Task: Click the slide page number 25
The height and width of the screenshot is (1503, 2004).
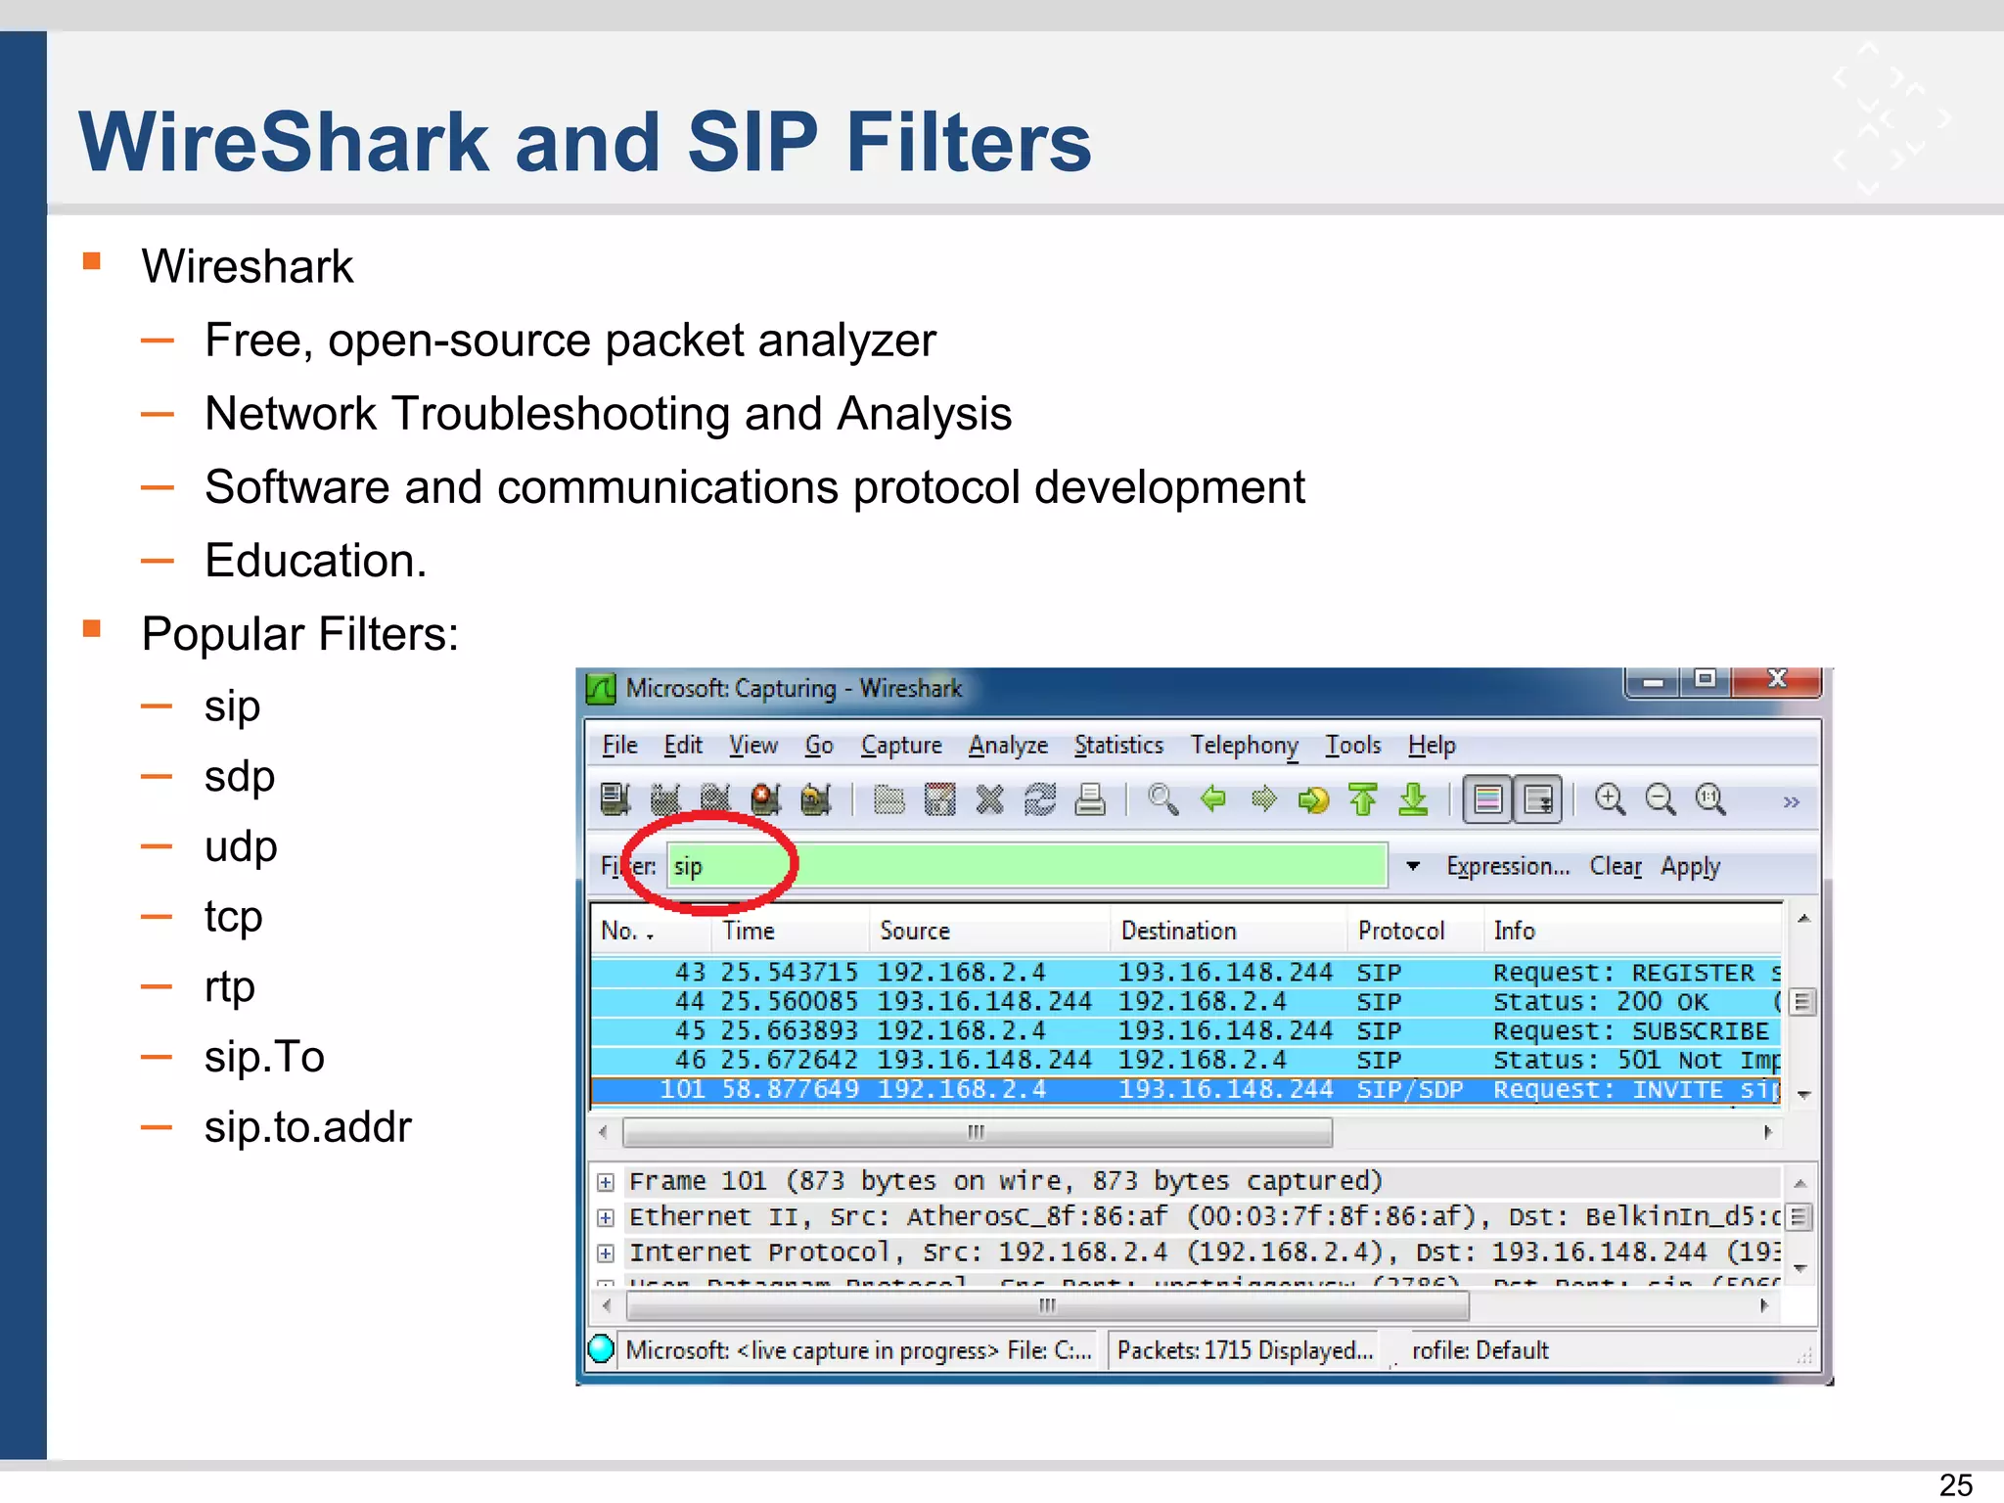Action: pyautogui.click(x=1955, y=1484)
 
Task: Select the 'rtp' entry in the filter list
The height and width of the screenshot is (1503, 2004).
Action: pyautogui.click(x=229, y=986)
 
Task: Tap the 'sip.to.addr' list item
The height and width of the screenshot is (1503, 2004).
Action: pyautogui.click(x=307, y=1127)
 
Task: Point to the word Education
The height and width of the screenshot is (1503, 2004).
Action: pyautogui.click(x=315, y=561)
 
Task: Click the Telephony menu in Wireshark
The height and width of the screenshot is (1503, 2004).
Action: pyautogui.click(x=1244, y=746)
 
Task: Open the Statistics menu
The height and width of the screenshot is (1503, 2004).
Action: pyautogui.click(x=1118, y=746)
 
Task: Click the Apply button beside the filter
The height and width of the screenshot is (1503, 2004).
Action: pyautogui.click(x=1690, y=867)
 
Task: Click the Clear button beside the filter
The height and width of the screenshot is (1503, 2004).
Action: pyautogui.click(x=1616, y=867)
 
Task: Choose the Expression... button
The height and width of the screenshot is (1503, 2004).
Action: pyautogui.click(x=1507, y=867)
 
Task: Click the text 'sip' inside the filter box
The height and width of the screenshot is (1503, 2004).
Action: pyautogui.click(x=688, y=867)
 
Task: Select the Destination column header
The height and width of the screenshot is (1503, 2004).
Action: pyautogui.click(x=1178, y=931)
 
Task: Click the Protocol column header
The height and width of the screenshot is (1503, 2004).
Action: pyautogui.click(x=1400, y=931)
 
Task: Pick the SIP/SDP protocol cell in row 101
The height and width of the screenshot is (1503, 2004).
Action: pyautogui.click(x=1409, y=1090)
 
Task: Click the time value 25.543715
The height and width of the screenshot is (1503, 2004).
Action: pyautogui.click(x=789, y=973)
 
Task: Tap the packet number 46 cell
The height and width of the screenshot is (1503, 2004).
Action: pyautogui.click(x=690, y=1060)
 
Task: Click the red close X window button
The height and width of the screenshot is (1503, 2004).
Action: pyautogui.click(x=1777, y=680)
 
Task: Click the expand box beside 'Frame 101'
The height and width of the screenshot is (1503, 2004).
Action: pyautogui.click(x=606, y=1182)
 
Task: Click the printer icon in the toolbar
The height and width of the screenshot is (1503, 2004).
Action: pyautogui.click(x=1089, y=800)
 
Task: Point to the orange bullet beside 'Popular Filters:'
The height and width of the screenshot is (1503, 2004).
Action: pyautogui.click(x=92, y=628)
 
